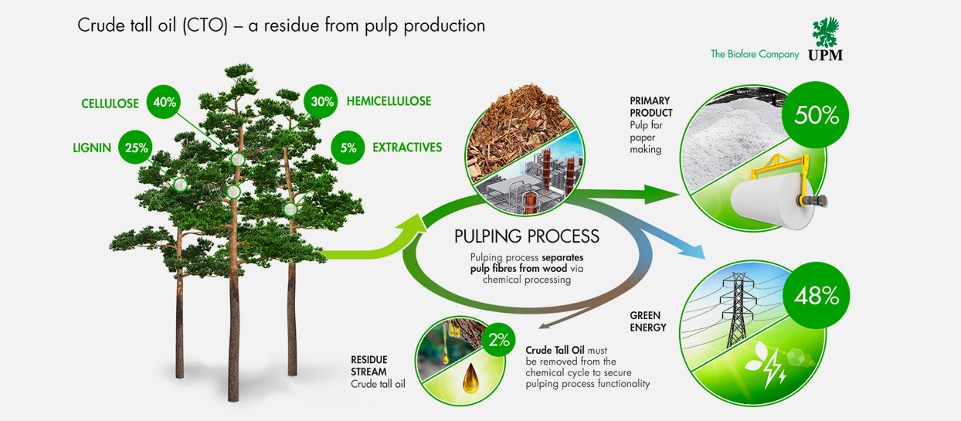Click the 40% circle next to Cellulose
click(x=165, y=102)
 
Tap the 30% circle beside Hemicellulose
click(x=318, y=101)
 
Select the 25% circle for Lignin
click(x=136, y=148)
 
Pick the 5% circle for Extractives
click(x=348, y=148)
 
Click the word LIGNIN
click(x=93, y=148)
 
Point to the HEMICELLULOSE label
click(x=389, y=101)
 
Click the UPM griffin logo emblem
click(x=824, y=32)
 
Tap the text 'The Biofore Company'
click(x=755, y=54)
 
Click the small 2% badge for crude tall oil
click(x=499, y=339)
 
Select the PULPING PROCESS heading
click(x=526, y=236)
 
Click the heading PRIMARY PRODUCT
click(x=650, y=107)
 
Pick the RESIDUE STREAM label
click(x=369, y=365)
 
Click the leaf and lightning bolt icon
click(x=766, y=366)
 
